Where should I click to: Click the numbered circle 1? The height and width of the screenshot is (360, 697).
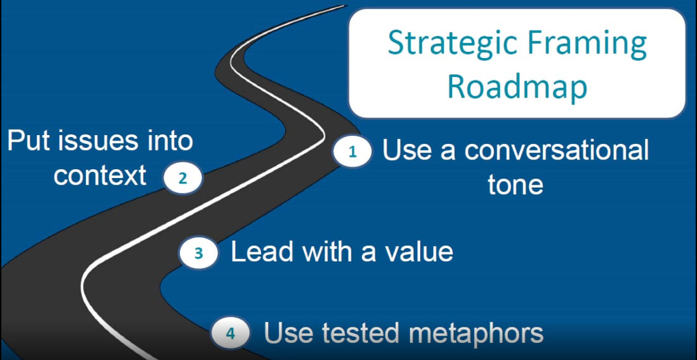pos(353,152)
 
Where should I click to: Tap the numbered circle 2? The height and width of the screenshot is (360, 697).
pos(183,179)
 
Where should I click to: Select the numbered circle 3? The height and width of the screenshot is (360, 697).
pos(198,254)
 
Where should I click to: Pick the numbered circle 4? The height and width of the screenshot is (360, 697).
pos(231,333)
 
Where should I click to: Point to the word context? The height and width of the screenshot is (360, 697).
pos(100,175)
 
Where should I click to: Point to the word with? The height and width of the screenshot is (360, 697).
pos(327,252)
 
